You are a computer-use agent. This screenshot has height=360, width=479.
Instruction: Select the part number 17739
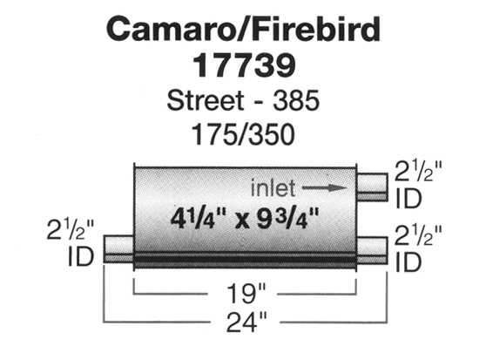pos(245,65)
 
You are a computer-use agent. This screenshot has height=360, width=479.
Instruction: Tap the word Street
pos(206,100)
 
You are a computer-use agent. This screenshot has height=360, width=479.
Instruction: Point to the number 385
pos(296,100)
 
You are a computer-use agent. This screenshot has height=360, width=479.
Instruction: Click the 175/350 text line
pos(243,134)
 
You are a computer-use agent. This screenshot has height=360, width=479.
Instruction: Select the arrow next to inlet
pos(325,187)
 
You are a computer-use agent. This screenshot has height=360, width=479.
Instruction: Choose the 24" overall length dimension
pos(246,322)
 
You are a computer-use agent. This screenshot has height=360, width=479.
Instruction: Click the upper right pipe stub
pos(373,187)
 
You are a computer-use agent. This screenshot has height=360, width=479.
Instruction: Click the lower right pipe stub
pos(373,249)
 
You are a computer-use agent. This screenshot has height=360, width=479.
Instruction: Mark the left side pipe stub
pos(118,248)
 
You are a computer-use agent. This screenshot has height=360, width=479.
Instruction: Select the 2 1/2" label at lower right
pos(418,234)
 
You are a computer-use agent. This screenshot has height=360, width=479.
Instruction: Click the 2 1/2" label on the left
pos(71,229)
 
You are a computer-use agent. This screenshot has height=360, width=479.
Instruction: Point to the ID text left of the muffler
pos(81,256)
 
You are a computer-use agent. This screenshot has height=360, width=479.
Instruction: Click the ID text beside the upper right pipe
pos(408,198)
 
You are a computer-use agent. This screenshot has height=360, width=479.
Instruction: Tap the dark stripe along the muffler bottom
pos(246,260)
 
